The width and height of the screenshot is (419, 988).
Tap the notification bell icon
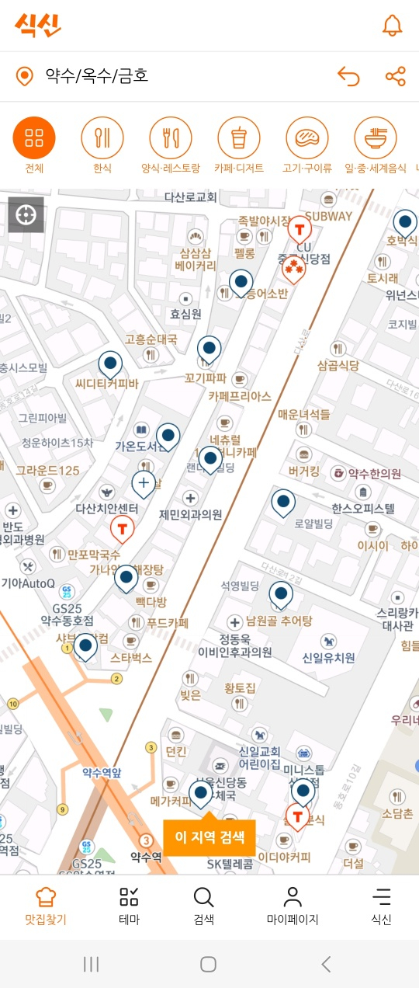tap(393, 25)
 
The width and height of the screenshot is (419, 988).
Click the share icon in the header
tap(395, 76)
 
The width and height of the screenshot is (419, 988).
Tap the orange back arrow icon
tap(349, 76)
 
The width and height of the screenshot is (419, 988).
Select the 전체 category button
tap(34, 138)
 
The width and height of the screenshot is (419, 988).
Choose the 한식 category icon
tap(102, 138)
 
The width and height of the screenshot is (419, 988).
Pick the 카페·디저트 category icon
tap(239, 138)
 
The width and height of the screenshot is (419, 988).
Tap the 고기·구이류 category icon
tap(307, 138)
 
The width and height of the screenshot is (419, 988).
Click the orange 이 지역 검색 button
tap(209, 837)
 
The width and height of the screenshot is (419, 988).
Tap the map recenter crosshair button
tap(26, 214)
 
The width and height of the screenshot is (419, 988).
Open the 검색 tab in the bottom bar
tap(203, 906)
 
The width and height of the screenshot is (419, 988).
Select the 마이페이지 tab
tap(293, 906)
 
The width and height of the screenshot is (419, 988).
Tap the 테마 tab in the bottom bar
tap(129, 906)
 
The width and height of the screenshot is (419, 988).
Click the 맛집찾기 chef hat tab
tap(46, 906)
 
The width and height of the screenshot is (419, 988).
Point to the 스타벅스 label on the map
tap(130, 658)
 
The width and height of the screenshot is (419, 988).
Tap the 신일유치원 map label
tap(328, 658)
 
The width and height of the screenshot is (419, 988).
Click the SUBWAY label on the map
tap(328, 216)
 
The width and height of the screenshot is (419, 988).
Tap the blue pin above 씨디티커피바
tap(110, 364)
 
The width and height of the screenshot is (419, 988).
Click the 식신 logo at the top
tap(37, 25)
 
